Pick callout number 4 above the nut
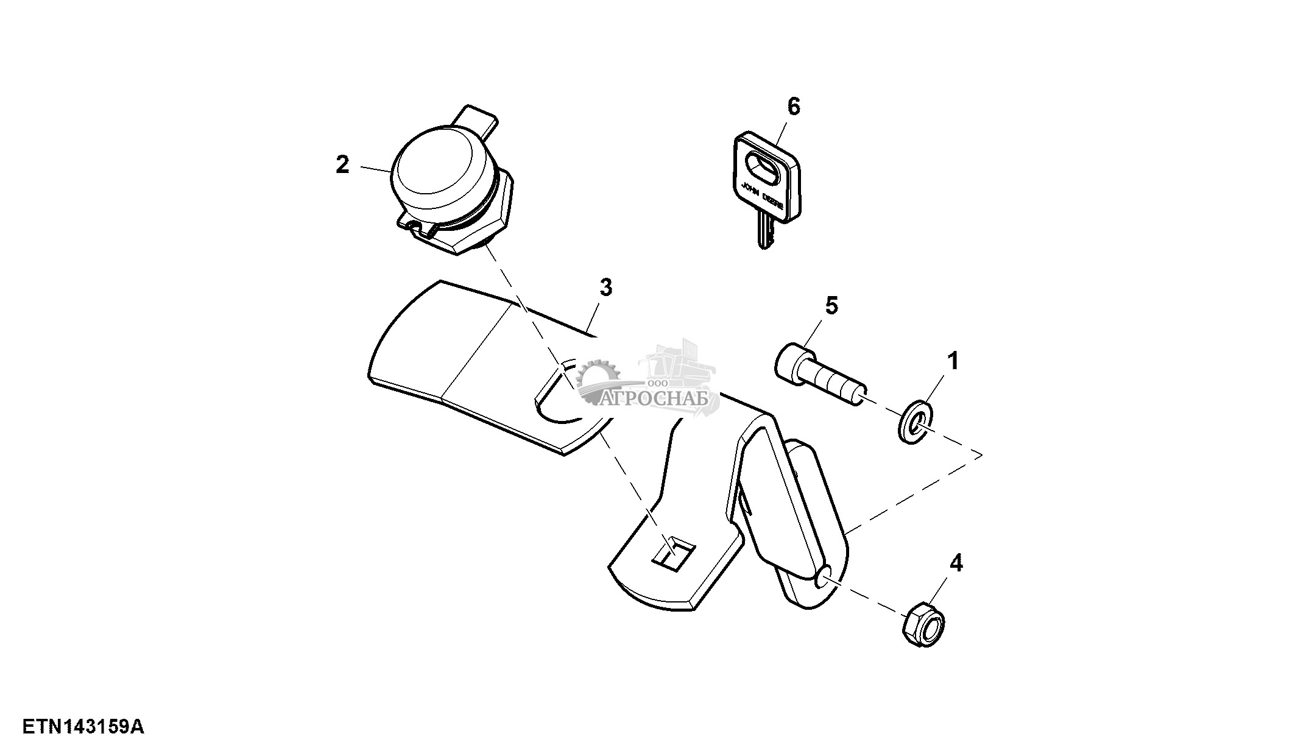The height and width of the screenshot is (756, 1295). [x=956, y=563]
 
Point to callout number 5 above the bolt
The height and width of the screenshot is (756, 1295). [x=831, y=306]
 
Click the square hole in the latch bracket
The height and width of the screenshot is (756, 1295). [x=674, y=554]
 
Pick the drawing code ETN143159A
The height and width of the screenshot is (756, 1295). [x=83, y=727]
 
